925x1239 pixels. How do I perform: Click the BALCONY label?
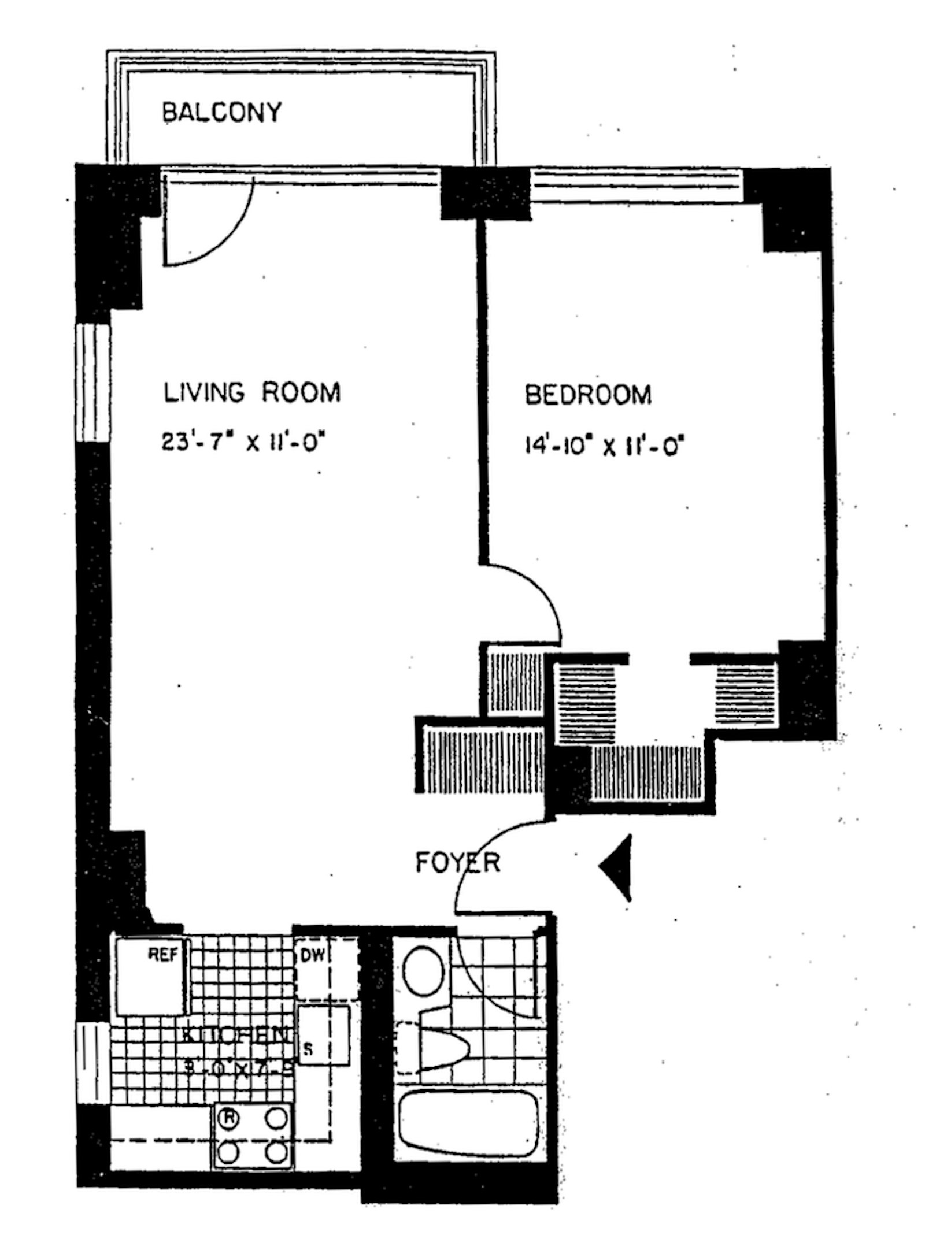click(221, 112)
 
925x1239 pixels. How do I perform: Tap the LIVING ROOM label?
click(252, 392)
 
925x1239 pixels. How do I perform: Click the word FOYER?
click(457, 863)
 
